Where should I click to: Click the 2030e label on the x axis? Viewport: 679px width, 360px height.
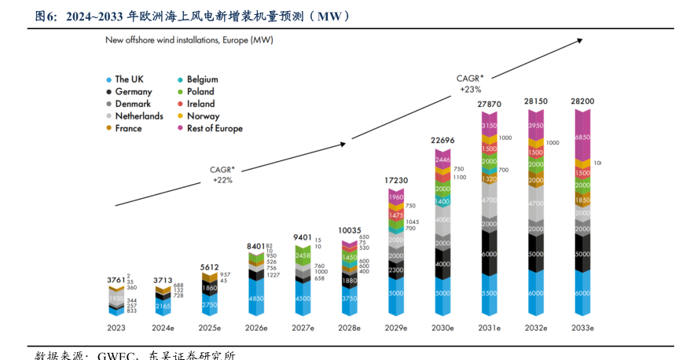pyautogui.click(x=442, y=327)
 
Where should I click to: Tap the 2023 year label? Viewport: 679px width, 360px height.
pyautogui.click(x=116, y=327)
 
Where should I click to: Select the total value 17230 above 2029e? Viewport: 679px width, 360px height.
pyautogui.click(x=395, y=181)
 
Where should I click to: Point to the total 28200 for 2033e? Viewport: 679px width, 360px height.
pyautogui.click(x=582, y=101)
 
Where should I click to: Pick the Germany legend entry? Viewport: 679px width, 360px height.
pyautogui.click(x=133, y=91)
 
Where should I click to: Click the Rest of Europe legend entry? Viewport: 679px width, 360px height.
pyautogui.click(x=214, y=128)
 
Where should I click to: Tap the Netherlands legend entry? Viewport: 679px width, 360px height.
pyautogui.click(x=138, y=116)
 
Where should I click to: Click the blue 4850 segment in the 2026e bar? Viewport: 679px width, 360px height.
pyautogui.click(x=256, y=299)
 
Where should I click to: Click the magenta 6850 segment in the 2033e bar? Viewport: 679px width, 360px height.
pyautogui.click(x=582, y=138)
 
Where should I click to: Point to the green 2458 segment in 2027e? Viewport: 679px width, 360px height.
pyautogui.click(x=303, y=255)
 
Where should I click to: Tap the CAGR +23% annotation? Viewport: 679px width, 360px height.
pyautogui.click(x=470, y=83)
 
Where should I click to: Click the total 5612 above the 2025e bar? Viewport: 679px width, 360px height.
pyautogui.click(x=209, y=267)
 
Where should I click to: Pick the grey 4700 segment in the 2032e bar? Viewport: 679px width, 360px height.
pyautogui.click(x=536, y=203)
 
